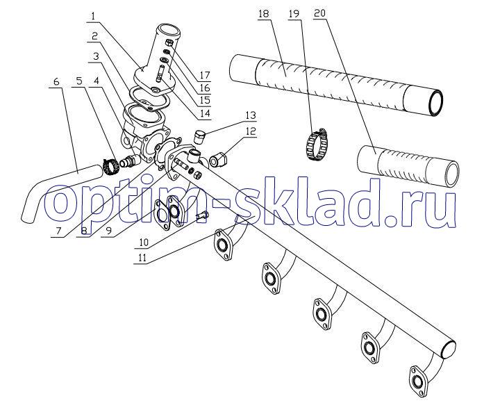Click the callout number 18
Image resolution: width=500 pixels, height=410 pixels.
click(264, 15)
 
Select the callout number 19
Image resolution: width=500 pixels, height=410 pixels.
click(294, 15)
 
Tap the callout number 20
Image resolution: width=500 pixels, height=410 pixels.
click(319, 14)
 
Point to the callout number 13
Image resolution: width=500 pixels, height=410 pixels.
click(251, 115)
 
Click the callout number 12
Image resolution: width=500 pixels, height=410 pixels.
click(251, 131)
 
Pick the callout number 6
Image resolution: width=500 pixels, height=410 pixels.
click(56, 81)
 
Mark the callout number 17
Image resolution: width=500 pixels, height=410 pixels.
click(204, 75)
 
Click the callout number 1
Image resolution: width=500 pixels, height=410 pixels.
click(94, 16)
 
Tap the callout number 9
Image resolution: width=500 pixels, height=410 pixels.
click(110, 231)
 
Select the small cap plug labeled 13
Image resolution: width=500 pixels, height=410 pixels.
click(199, 136)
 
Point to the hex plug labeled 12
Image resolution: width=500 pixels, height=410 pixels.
click(218, 159)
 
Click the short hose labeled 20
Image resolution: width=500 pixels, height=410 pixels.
click(408, 166)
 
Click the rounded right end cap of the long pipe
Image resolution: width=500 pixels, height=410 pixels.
click(449, 350)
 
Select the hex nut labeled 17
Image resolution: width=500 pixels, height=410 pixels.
click(169, 42)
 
